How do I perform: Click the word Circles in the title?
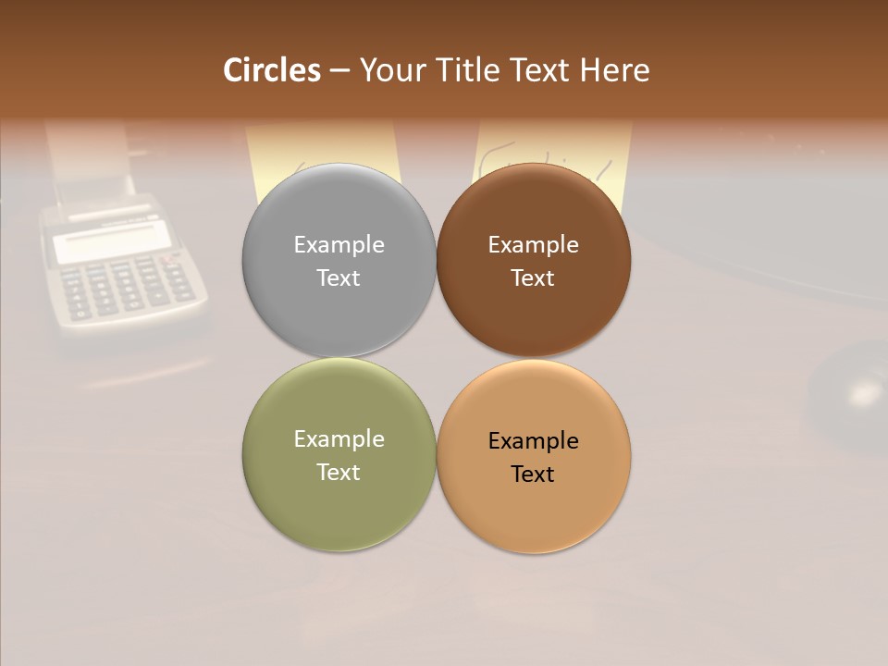click(272, 70)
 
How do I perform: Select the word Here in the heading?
click(614, 70)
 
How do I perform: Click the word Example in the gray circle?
click(339, 244)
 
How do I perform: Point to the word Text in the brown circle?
click(533, 277)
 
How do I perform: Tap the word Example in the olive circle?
click(339, 439)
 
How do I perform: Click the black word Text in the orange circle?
click(533, 474)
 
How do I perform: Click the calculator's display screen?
click(111, 244)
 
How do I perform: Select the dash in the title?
click(339, 70)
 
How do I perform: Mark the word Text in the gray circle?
click(339, 277)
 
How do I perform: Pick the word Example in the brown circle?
click(533, 244)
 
